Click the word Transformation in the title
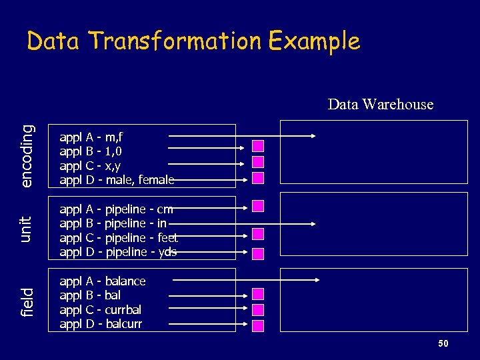[175, 41]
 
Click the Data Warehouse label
[380, 104]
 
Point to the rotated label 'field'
[27, 302]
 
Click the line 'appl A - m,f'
[91, 137]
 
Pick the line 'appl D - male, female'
[117, 180]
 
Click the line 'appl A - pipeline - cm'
[116, 209]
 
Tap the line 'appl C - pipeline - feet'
[119, 238]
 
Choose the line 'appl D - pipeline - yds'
[118, 252]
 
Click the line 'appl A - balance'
[103, 281]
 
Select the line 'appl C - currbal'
[101, 309]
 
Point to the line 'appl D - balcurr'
[101, 324]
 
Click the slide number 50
[443, 343]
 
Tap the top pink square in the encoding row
[258, 146]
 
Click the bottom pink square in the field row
[258, 325]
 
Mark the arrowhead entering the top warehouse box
[311, 137]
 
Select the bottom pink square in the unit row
[258, 253]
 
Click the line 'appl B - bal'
[90, 295]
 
